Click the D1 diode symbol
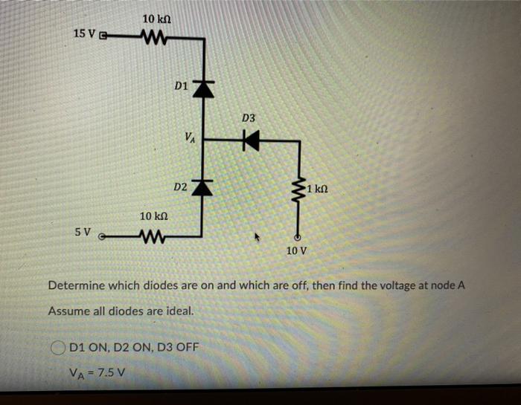[x=203, y=88]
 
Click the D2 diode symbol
[x=203, y=186]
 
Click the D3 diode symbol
[x=251, y=139]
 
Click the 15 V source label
[x=85, y=33]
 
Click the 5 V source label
[x=83, y=232]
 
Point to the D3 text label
[x=249, y=118]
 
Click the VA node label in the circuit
[x=191, y=137]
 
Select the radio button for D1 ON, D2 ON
[x=58, y=347]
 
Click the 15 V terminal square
[x=103, y=35]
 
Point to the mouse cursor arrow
[x=258, y=239]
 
